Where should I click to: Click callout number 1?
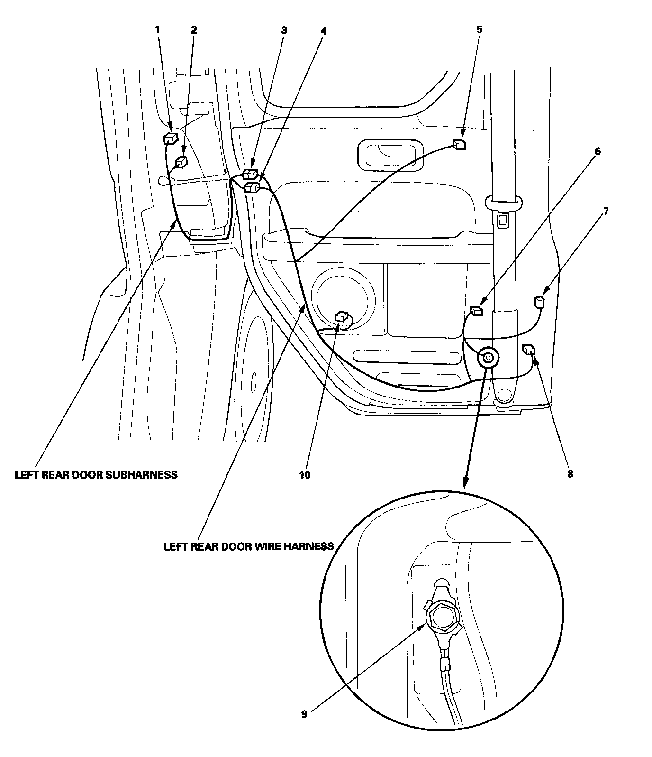pyautogui.click(x=158, y=29)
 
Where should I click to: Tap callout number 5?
pyautogui.click(x=479, y=29)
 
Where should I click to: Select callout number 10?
pyautogui.click(x=305, y=474)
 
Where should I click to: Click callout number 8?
pyautogui.click(x=570, y=473)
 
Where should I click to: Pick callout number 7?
pyautogui.click(x=606, y=212)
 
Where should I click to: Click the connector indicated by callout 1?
pyautogui.click(x=170, y=138)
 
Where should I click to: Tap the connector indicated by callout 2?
pyautogui.click(x=181, y=162)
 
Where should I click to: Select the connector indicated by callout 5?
pyautogui.click(x=458, y=145)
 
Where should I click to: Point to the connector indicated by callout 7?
pyautogui.click(x=539, y=302)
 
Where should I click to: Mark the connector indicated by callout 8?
pyautogui.click(x=528, y=351)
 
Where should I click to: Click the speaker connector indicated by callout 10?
pyautogui.click(x=342, y=316)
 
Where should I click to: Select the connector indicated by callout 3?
pyautogui.click(x=250, y=174)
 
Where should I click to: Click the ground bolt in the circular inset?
pyautogui.click(x=442, y=619)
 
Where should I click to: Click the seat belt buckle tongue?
pyautogui.click(x=503, y=219)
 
